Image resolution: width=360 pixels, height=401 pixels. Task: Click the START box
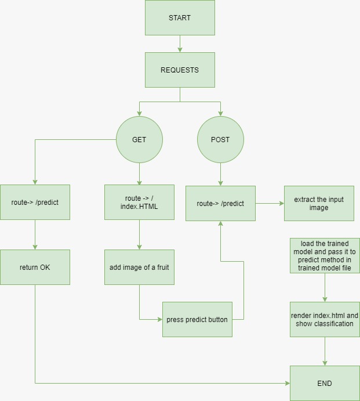tap(180, 18)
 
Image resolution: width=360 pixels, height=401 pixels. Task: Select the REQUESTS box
tap(180, 70)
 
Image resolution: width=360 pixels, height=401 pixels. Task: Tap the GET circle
tap(139, 140)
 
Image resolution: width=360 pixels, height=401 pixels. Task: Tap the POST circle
tap(220, 140)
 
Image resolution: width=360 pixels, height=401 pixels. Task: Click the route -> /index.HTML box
tap(139, 203)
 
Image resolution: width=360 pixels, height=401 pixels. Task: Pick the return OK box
tap(35, 267)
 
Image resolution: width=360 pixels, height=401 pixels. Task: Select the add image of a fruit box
tap(139, 267)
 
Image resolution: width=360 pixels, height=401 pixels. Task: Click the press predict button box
tap(197, 319)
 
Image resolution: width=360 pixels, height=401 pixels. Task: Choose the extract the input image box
tap(319, 203)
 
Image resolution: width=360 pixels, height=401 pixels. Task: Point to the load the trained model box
tap(325, 255)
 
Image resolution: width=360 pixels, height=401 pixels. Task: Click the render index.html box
tap(325, 319)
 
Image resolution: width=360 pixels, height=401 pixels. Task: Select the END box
tap(325, 383)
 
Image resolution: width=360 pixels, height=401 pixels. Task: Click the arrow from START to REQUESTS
tap(180, 44)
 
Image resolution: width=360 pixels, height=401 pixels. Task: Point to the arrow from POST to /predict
tap(220, 174)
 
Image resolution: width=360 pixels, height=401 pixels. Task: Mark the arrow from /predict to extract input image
tap(270, 203)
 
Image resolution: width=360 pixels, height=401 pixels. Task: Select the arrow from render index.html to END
tap(325, 351)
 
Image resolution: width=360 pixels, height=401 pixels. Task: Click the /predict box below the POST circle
tap(220, 203)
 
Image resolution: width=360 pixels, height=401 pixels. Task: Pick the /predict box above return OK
tap(35, 203)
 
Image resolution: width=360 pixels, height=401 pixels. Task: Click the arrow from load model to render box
tap(325, 287)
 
